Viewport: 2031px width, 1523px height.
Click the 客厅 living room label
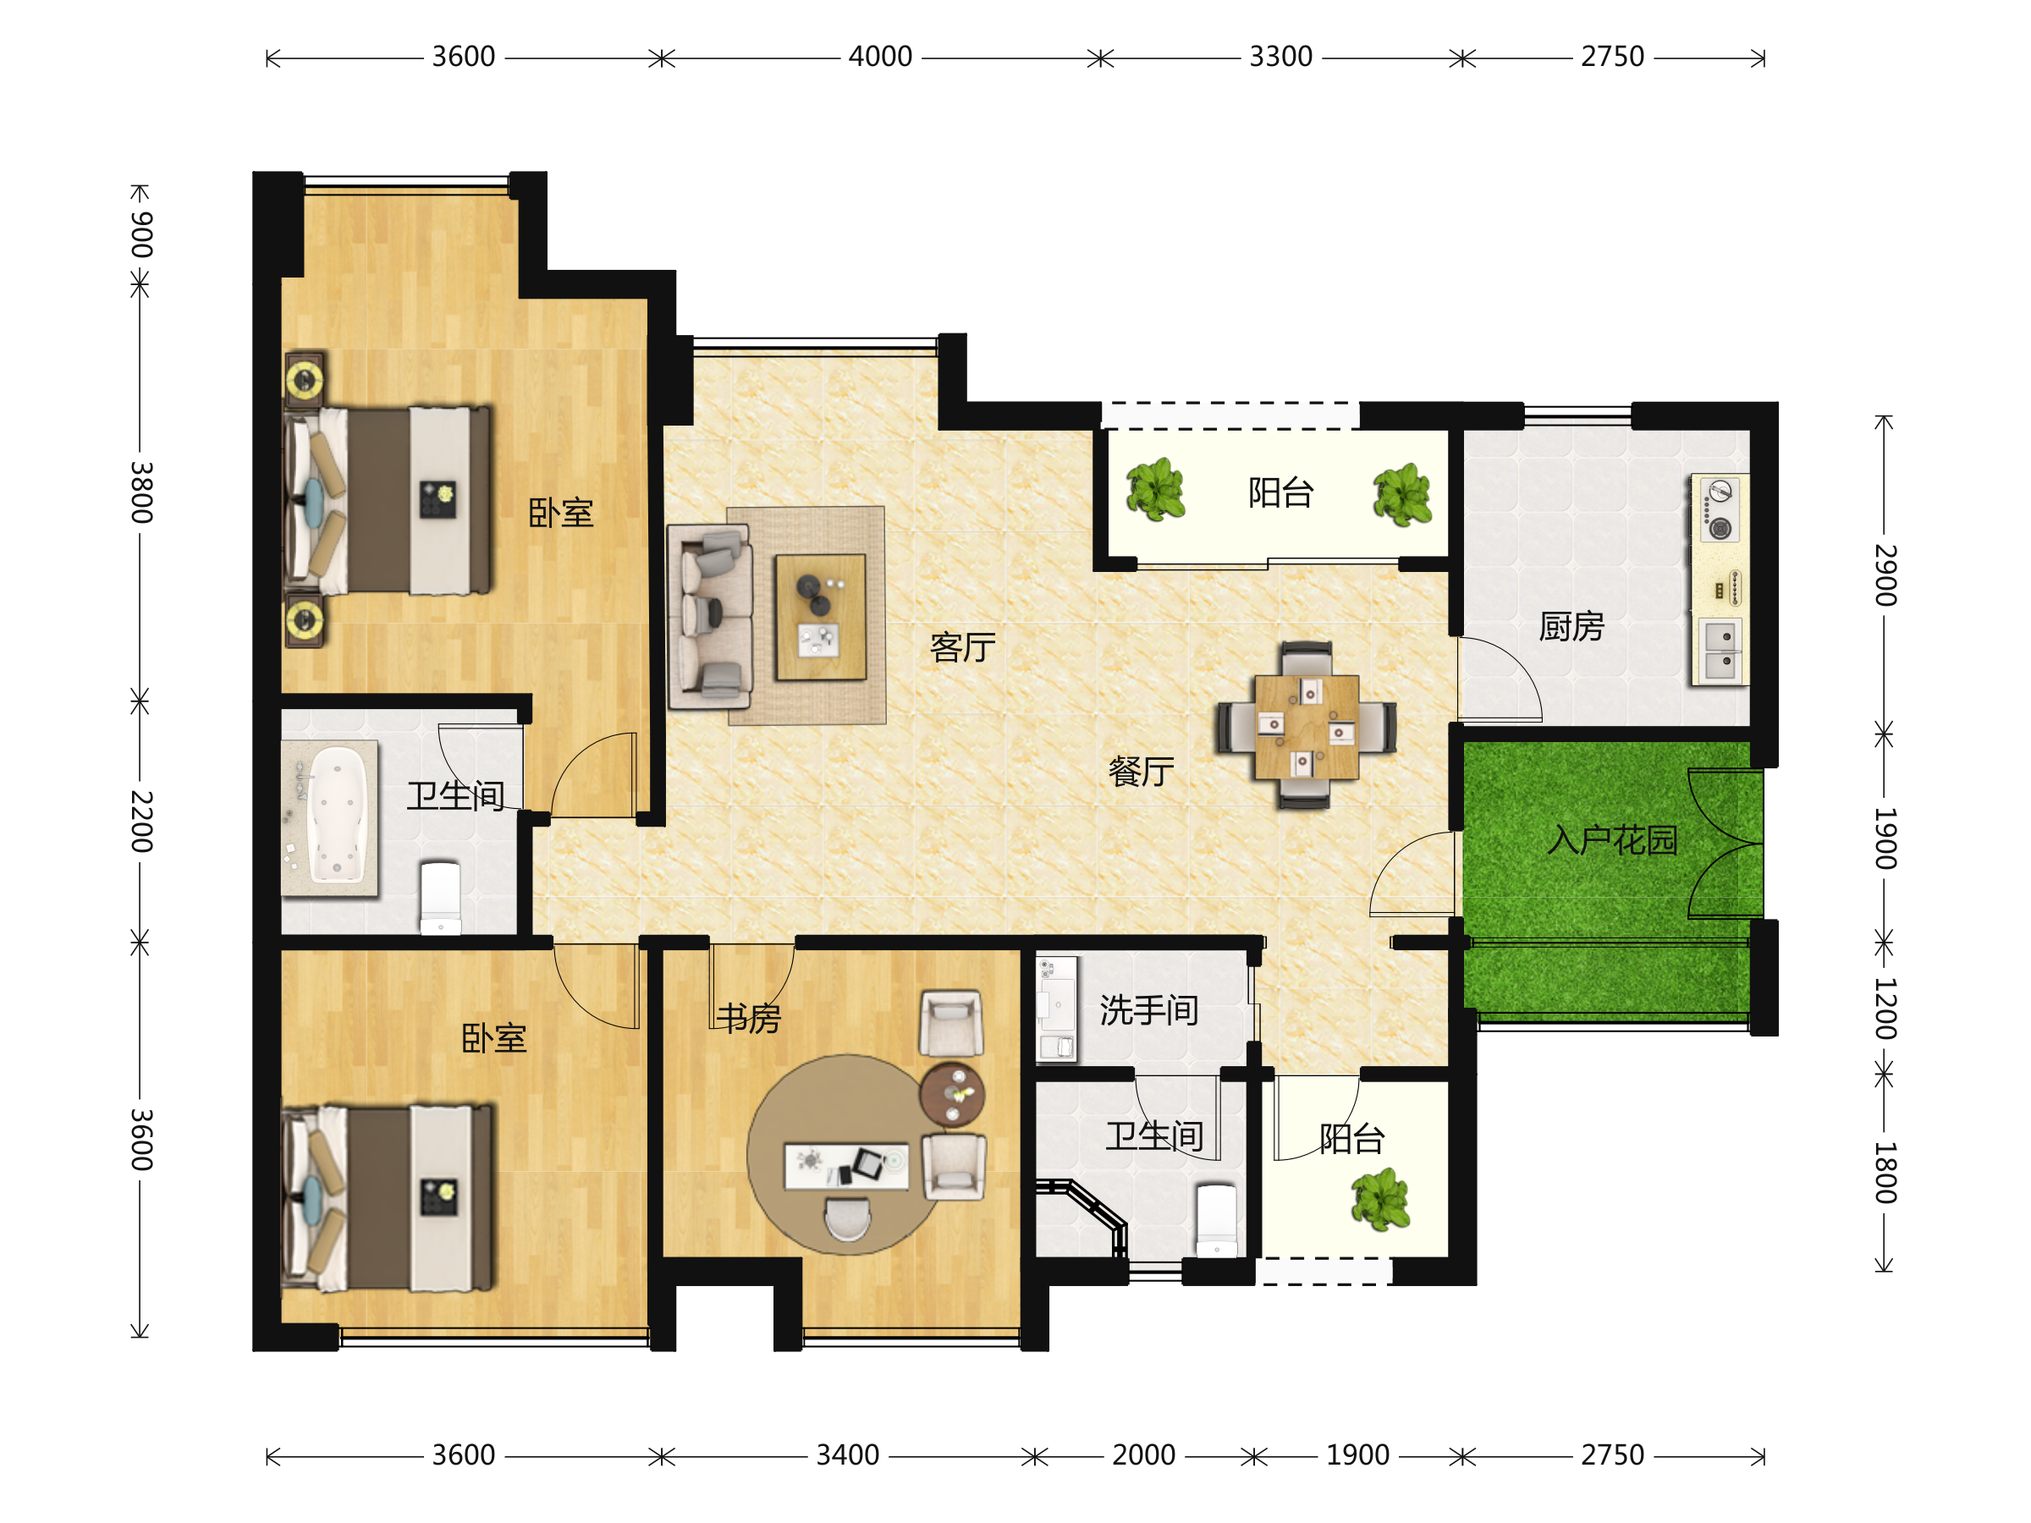coord(962,648)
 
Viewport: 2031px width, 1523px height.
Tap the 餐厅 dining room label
coord(1142,772)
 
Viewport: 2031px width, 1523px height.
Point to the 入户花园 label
coord(1612,840)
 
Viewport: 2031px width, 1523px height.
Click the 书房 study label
coord(749,1018)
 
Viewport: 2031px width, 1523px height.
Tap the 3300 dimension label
coord(1281,57)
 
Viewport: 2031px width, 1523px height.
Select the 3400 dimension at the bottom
coord(847,1455)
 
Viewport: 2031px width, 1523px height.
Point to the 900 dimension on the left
coord(140,235)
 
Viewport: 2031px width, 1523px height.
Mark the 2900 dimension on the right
coord(1885,575)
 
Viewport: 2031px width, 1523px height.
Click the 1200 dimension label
coord(1885,1009)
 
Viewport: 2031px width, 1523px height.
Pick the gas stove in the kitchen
coord(1718,509)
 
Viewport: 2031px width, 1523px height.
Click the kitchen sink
coord(1720,651)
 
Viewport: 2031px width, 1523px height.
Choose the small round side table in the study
coord(952,1094)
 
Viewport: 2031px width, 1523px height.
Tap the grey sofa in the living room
coord(711,617)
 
